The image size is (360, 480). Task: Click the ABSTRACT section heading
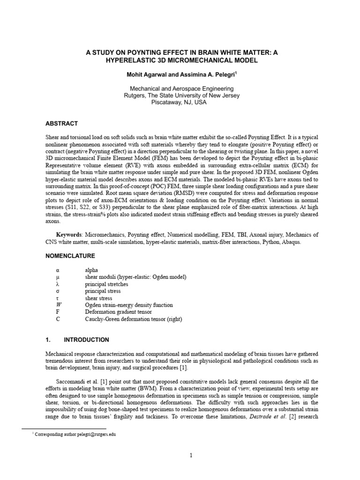point(61,124)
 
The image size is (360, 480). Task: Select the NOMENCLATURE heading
point(70,256)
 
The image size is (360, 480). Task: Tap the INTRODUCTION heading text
point(86,340)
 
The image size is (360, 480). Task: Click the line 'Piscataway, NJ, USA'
point(180,103)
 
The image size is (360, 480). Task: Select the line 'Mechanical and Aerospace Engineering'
point(180,89)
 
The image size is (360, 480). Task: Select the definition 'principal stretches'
point(106,285)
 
